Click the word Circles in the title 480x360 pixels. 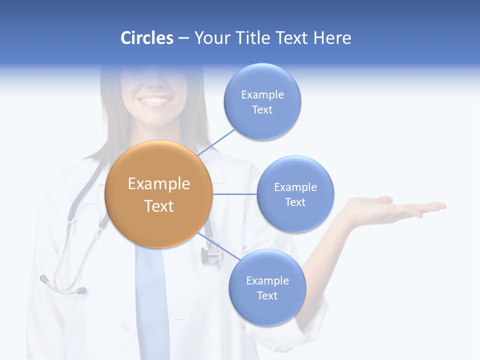(147, 38)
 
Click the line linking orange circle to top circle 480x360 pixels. (217, 142)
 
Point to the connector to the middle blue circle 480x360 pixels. (234, 194)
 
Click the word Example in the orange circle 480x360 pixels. (158, 184)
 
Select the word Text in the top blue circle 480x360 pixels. (262, 110)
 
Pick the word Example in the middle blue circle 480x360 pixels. (295, 187)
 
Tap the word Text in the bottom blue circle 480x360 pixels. (267, 296)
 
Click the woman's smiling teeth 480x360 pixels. (155, 100)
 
